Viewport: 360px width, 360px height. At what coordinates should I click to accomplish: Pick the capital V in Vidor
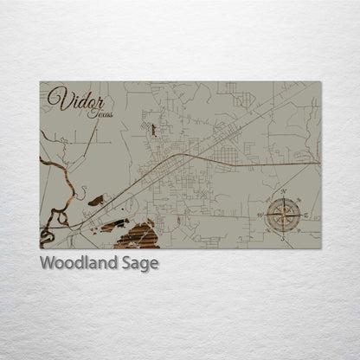56,99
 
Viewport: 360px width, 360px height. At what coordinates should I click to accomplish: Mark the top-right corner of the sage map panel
320,82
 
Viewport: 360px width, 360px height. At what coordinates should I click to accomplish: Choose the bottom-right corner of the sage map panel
320,248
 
